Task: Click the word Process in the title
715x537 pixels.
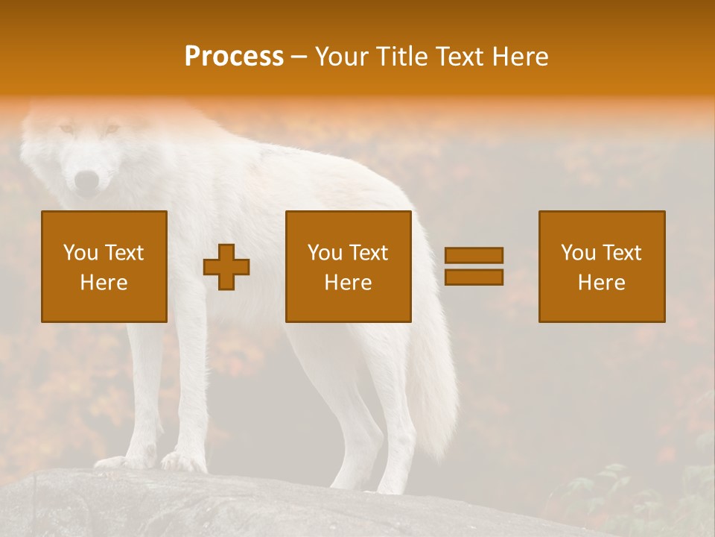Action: pyautogui.click(x=234, y=57)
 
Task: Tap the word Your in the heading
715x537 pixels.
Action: pyautogui.click(x=341, y=57)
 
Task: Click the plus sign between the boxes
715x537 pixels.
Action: pyautogui.click(x=226, y=267)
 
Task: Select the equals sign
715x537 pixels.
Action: pyautogui.click(x=474, y=266)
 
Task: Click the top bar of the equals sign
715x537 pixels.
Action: pyautogui.click(x=474, y=255)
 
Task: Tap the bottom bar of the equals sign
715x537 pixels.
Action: pyautogui.click(x=474, y=277)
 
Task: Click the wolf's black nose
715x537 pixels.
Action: pyautogui.click(x=87, y=180)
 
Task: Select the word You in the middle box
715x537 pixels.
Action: pyautogui.click(x=325, y=253)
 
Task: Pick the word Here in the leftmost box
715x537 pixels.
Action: pyautogui.click(x=104, y=283)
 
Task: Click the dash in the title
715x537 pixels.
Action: pyautogui.click(x=299, y=57)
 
